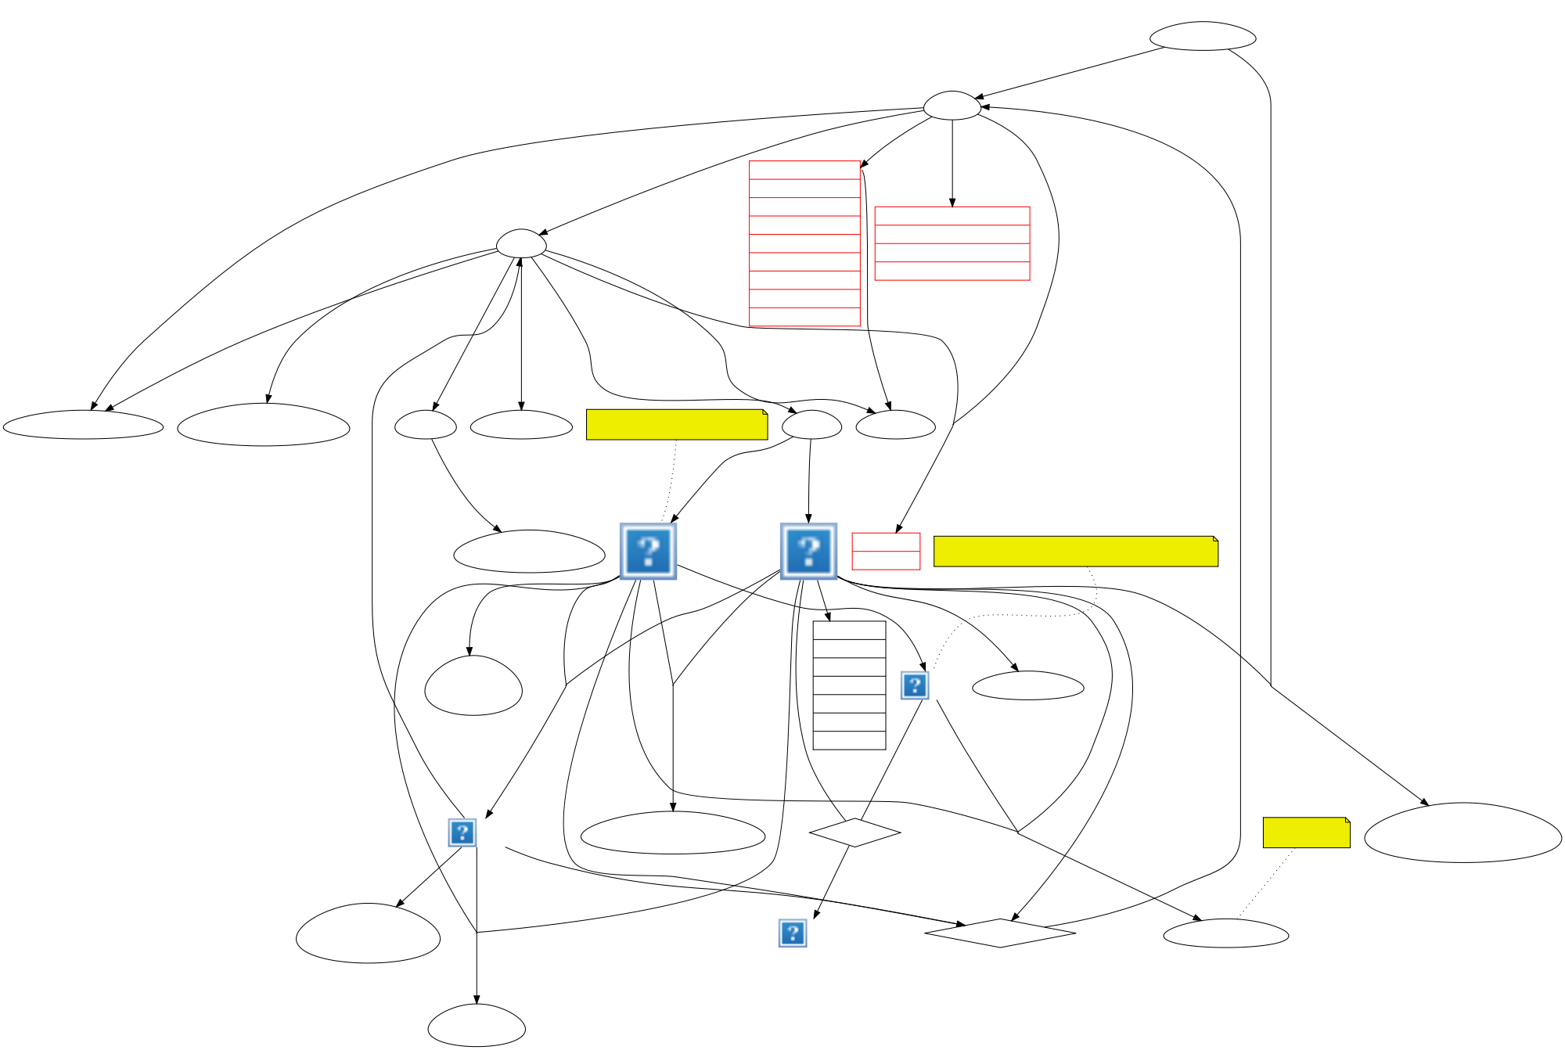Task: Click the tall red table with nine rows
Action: point(804,243)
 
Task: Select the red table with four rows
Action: point(952,243)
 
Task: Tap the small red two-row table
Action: point(886,552)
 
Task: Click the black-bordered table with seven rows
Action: point(849,685)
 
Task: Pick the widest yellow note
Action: point(1075,552)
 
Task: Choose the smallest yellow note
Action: point(1306,832)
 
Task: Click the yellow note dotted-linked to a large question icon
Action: point(676,425)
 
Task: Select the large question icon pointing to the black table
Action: point(808,552)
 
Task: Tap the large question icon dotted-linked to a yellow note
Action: point(648,552)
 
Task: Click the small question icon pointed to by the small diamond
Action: point(793,933)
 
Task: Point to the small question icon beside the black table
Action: point(914,685)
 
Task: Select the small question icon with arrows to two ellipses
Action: point(462,832)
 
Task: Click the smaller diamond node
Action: point(854,832)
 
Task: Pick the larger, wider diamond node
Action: point(1000,933)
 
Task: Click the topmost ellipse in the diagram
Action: point(1203,36)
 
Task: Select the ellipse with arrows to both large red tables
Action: point(952,106)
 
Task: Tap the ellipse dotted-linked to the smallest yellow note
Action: point(1225,933)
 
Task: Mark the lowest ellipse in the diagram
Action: point(477,1027)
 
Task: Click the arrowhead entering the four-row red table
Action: point(952,203)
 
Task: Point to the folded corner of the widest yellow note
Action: point(1214,539)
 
